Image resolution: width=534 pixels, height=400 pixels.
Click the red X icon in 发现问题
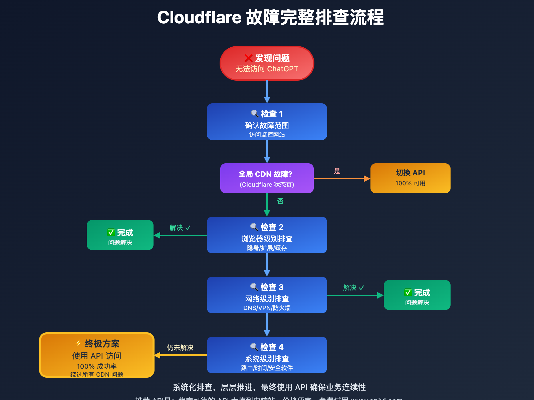click(x=248, y=58)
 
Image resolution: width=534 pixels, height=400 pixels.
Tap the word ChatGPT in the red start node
click(x=283, y=69)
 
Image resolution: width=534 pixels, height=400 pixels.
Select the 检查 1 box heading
click(x=267, y=114)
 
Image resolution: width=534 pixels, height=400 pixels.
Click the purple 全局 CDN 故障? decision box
click(x=267, y=178)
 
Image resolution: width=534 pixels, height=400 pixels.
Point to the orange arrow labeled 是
click(x=342, y=179)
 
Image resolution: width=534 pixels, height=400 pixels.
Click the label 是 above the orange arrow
click(x=337, y=171)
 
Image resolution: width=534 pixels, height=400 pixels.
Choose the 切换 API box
click(x=410, y=178)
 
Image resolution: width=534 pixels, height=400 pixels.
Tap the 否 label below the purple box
click(x=280, y=201)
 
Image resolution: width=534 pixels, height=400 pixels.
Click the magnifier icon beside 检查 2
click(x=254, y=227)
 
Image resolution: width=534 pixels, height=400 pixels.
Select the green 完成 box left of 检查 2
click(x=120, y=235)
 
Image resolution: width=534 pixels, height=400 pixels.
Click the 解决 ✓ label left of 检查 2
click(x=180, y=228)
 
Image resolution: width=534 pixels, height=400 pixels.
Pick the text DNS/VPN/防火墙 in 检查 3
click(x=267, y=308)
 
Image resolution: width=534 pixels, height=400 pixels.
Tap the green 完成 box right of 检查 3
click(x=417, y=295)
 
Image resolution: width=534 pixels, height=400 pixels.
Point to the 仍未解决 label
click(x=180, y=348)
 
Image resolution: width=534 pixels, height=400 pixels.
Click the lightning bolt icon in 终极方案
click(x=78, y=343)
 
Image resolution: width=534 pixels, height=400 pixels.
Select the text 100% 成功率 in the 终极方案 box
click(x=97, y=366)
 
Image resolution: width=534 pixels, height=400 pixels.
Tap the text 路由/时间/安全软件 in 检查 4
click(x=267, y=368)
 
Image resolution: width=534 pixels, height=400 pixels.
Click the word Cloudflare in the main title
click(x=199, y=17)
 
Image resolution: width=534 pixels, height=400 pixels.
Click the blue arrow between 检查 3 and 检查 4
click(x=267, y=325)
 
